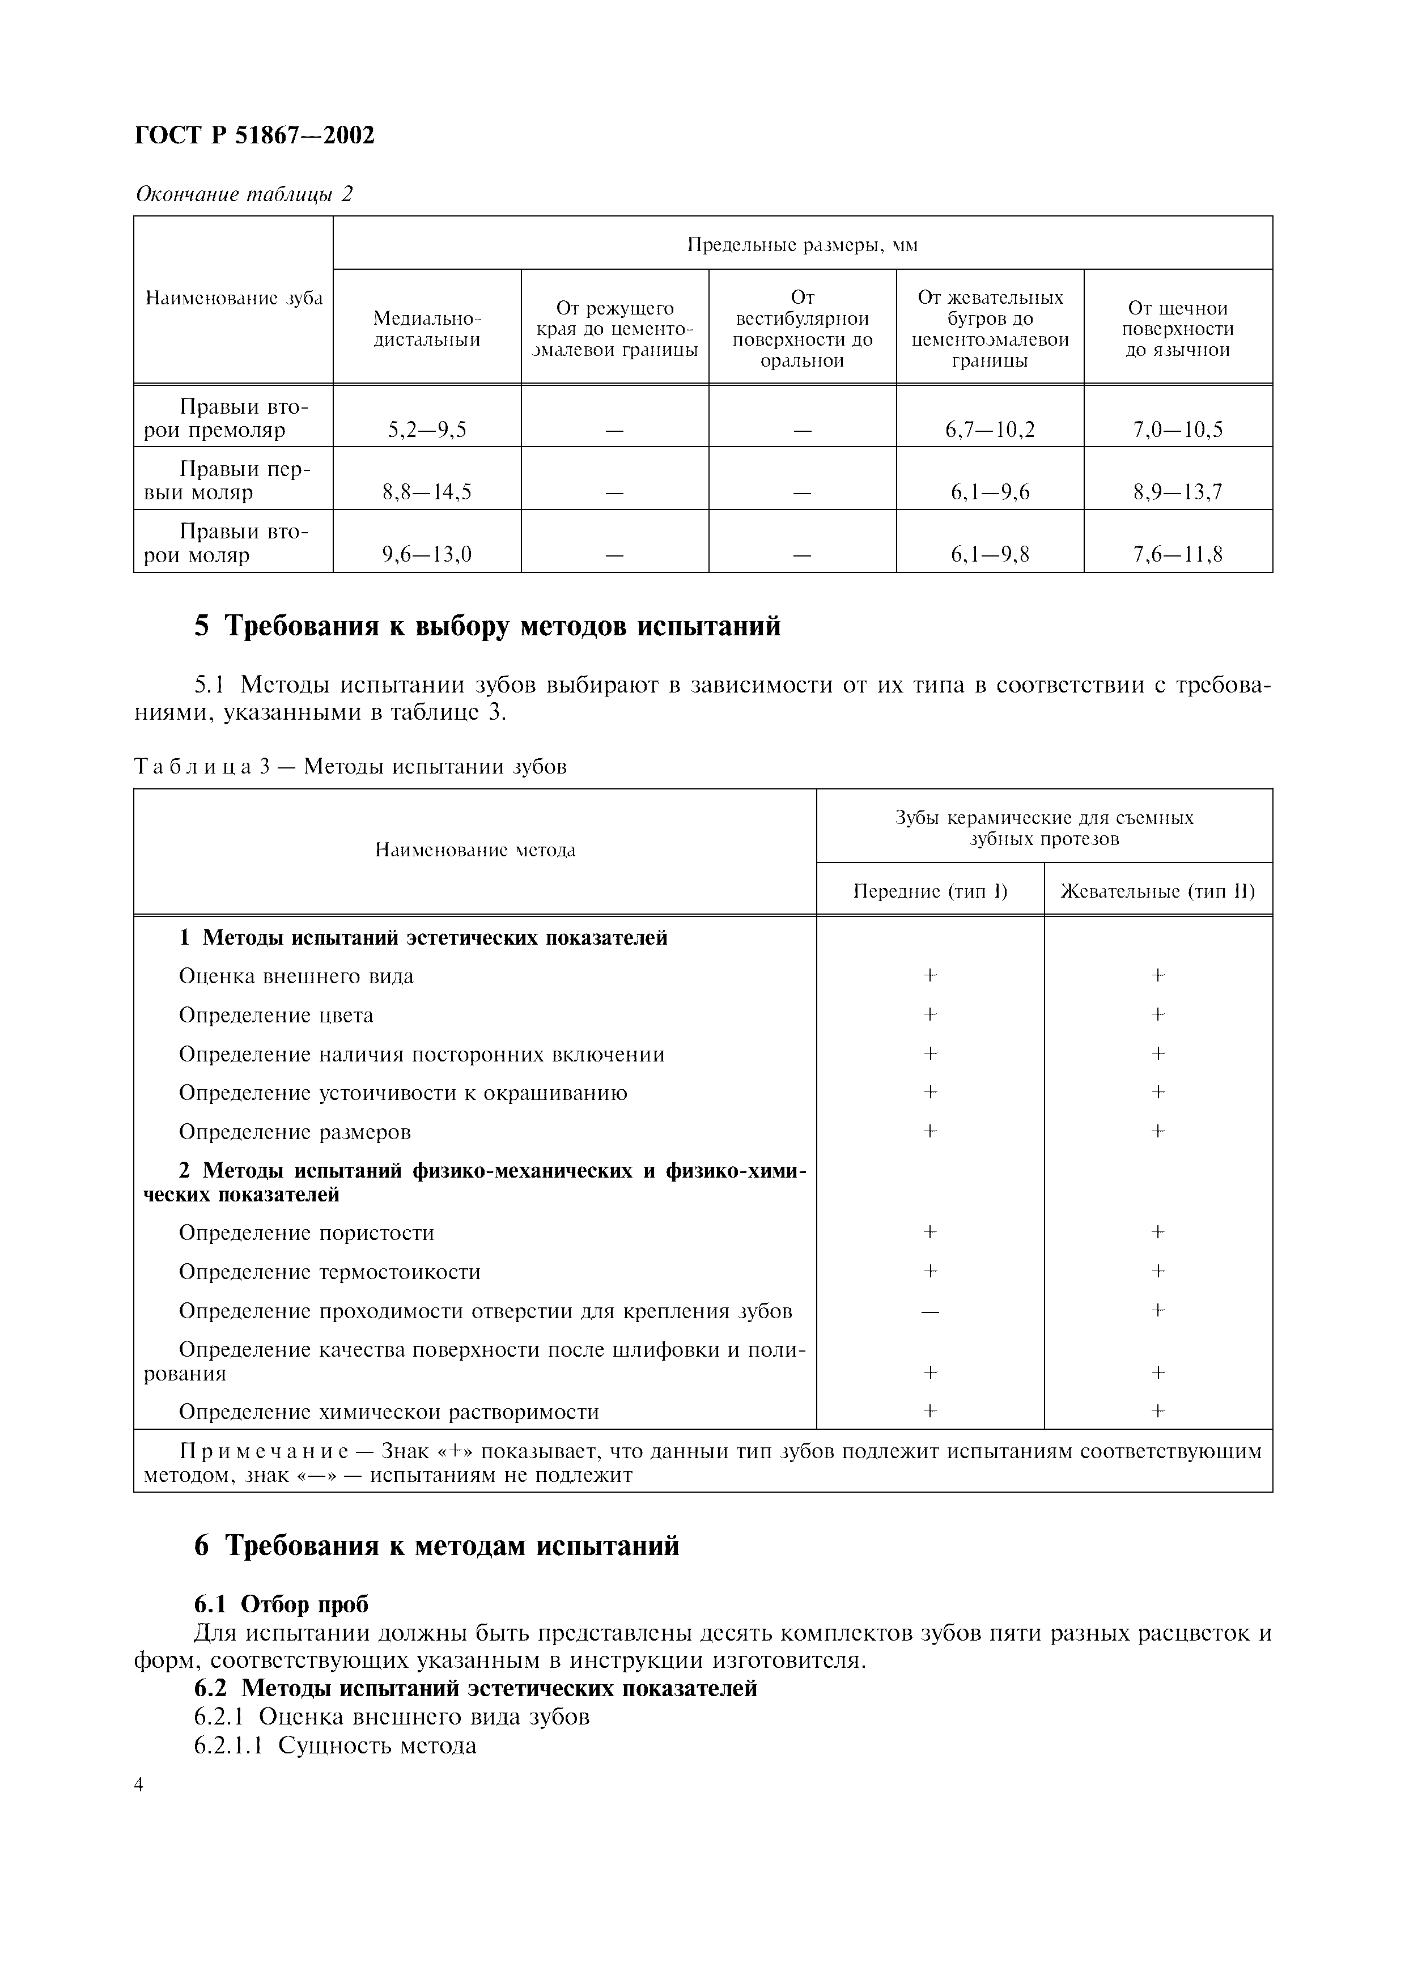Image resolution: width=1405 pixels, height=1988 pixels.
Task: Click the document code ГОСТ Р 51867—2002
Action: [x=256, y=136]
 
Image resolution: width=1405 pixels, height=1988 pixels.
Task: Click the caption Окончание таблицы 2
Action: [x=244, y=194]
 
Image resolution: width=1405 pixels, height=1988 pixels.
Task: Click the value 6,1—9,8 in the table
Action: [x=990, y=554]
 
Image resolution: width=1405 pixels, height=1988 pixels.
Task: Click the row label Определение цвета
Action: [x=276, y=1015]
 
